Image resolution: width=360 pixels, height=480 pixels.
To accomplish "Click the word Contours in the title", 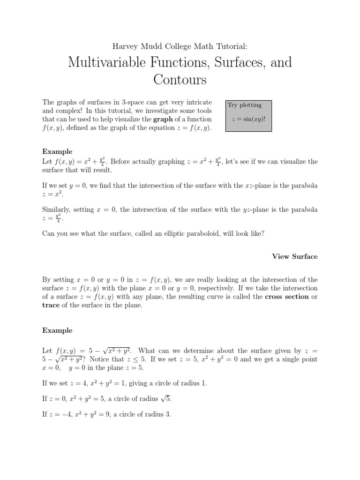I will pos(180,80).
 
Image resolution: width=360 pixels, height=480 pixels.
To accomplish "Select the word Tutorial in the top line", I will pos(229,46).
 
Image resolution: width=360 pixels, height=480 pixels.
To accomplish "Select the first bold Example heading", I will pos(57,151).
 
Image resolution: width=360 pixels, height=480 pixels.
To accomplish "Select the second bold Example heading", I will pos(57,330).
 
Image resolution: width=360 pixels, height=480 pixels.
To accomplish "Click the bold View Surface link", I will pos(295,256).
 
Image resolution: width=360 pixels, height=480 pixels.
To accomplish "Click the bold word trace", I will pos(51,306).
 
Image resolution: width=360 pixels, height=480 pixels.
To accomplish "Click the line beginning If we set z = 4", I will pos(124,383).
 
